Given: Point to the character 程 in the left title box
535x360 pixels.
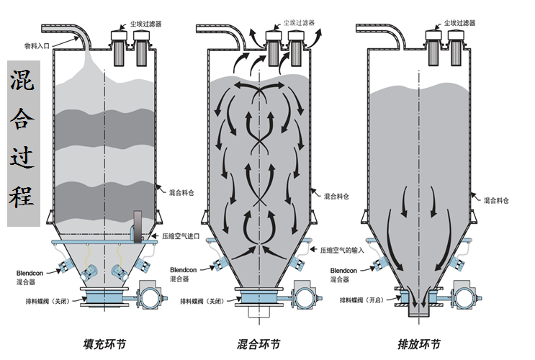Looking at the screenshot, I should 23,196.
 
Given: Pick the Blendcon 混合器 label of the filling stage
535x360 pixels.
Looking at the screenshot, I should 32,277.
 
